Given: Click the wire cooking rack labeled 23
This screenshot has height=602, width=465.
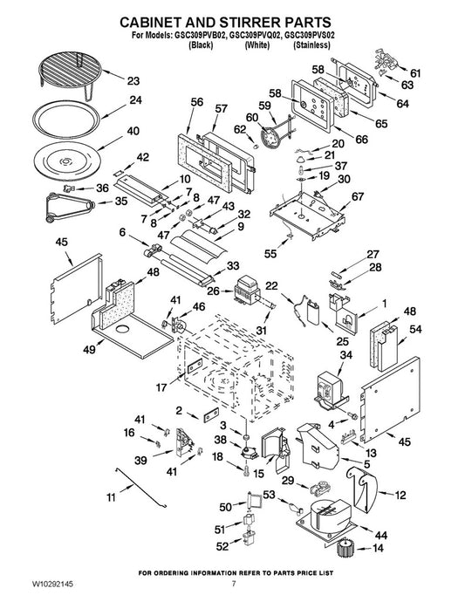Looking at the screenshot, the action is point(70,72).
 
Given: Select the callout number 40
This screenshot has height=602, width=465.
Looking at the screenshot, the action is point(133,131).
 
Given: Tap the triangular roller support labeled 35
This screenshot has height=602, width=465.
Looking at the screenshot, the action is point(70,207).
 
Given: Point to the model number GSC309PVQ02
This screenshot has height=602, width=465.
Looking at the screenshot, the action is point(255,35).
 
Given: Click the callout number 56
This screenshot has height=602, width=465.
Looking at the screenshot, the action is point(197,102).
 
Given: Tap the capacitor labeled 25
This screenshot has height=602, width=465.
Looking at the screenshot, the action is point(314,313).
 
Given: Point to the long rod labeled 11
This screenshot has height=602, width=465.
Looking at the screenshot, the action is point(141,488).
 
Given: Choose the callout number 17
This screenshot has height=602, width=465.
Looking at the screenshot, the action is point(161,387).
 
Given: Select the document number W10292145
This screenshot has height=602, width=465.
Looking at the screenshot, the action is point(53,585).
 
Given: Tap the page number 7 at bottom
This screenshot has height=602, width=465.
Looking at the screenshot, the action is point(234,585).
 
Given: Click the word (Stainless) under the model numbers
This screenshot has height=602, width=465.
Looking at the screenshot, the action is point(311,45).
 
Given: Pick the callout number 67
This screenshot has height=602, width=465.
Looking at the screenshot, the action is point(358,196).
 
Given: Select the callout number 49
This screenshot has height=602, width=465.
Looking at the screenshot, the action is point(90,350).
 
